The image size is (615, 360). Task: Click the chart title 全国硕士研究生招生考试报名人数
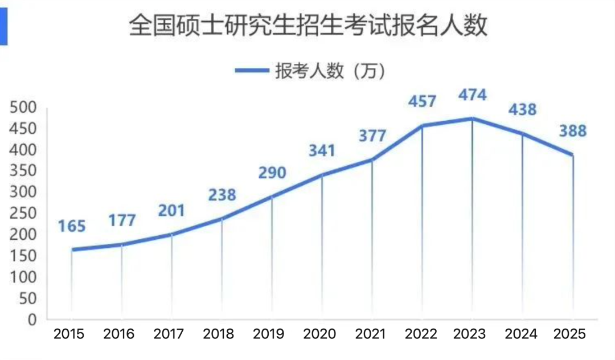(308, 26)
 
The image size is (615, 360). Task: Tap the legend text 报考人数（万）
(330, 71)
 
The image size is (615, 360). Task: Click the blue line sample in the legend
(252, 71)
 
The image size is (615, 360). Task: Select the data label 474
(472, 95)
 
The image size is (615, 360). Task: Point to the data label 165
(72, 226)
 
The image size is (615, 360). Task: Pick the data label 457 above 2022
(422, 101)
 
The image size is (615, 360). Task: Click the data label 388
(572, 131)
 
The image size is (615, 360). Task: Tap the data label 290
(272, 173)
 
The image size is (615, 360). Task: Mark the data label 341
(322, 151)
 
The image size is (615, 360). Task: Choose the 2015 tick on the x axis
(69, 334)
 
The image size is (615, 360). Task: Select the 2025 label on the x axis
(570, 334)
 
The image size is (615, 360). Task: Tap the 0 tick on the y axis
(32, 320)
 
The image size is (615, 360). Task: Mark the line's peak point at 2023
(472, 118)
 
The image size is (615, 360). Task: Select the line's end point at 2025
(572, 155)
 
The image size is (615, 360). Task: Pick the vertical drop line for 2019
(272, 256)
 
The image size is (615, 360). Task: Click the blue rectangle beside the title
(3, 28)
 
